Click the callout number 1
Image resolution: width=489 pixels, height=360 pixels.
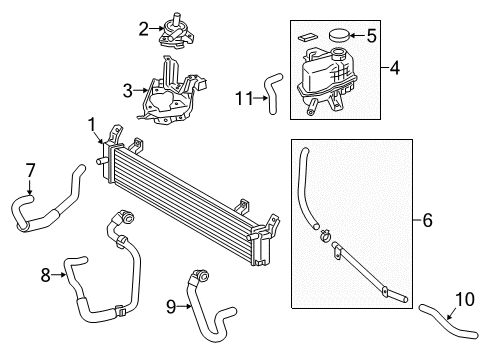tap(91, 124)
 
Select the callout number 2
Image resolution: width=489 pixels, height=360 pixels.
tap(144, 27)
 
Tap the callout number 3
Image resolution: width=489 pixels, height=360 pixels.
tap(127, 92)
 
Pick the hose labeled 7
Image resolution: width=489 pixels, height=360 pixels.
tap(50, 200)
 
